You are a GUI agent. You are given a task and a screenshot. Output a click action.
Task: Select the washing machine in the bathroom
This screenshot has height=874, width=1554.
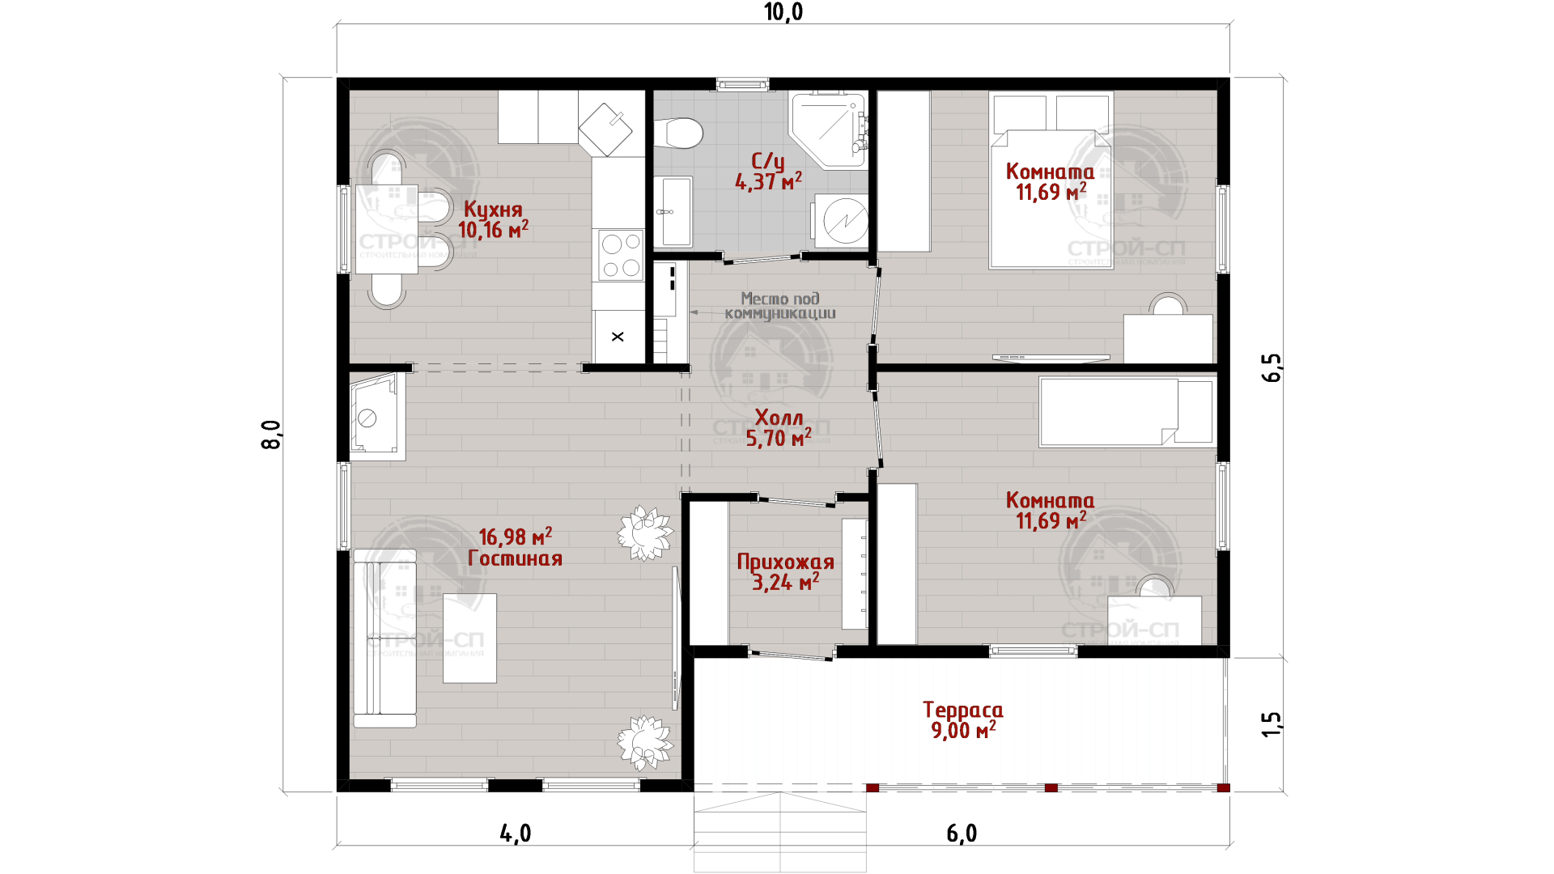[842, 220]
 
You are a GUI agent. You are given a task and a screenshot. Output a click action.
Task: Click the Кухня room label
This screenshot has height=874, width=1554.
[493, 210]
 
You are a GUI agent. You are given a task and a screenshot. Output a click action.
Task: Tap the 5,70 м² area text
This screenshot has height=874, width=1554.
[778, 439]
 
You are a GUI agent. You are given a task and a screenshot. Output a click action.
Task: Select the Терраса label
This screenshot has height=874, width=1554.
[963, 711]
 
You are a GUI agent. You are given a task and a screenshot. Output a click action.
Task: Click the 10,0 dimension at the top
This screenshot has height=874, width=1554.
[783, 12]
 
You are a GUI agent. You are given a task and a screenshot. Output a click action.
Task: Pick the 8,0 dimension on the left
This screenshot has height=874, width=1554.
[271, 435]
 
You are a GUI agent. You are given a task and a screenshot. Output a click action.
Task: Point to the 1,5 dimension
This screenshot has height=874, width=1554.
[1272, 724]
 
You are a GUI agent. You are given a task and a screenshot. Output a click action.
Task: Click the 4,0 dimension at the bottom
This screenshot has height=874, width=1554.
[516, 834]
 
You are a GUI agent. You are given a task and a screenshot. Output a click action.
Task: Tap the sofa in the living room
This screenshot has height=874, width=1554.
[384, 639]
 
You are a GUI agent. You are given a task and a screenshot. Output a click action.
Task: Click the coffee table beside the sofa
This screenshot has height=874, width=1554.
[469, 639]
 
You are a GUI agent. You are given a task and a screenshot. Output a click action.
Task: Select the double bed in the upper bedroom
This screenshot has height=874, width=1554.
[1051, 180]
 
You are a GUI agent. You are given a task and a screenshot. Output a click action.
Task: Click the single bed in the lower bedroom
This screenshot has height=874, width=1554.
[1127, 412]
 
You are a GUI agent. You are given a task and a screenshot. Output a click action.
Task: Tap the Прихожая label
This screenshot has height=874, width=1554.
[785, 562]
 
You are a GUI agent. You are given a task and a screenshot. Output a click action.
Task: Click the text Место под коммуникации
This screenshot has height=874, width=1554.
[780, 306]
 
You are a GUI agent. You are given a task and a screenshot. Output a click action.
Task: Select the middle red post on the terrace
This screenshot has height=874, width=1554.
[1051, 787]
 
